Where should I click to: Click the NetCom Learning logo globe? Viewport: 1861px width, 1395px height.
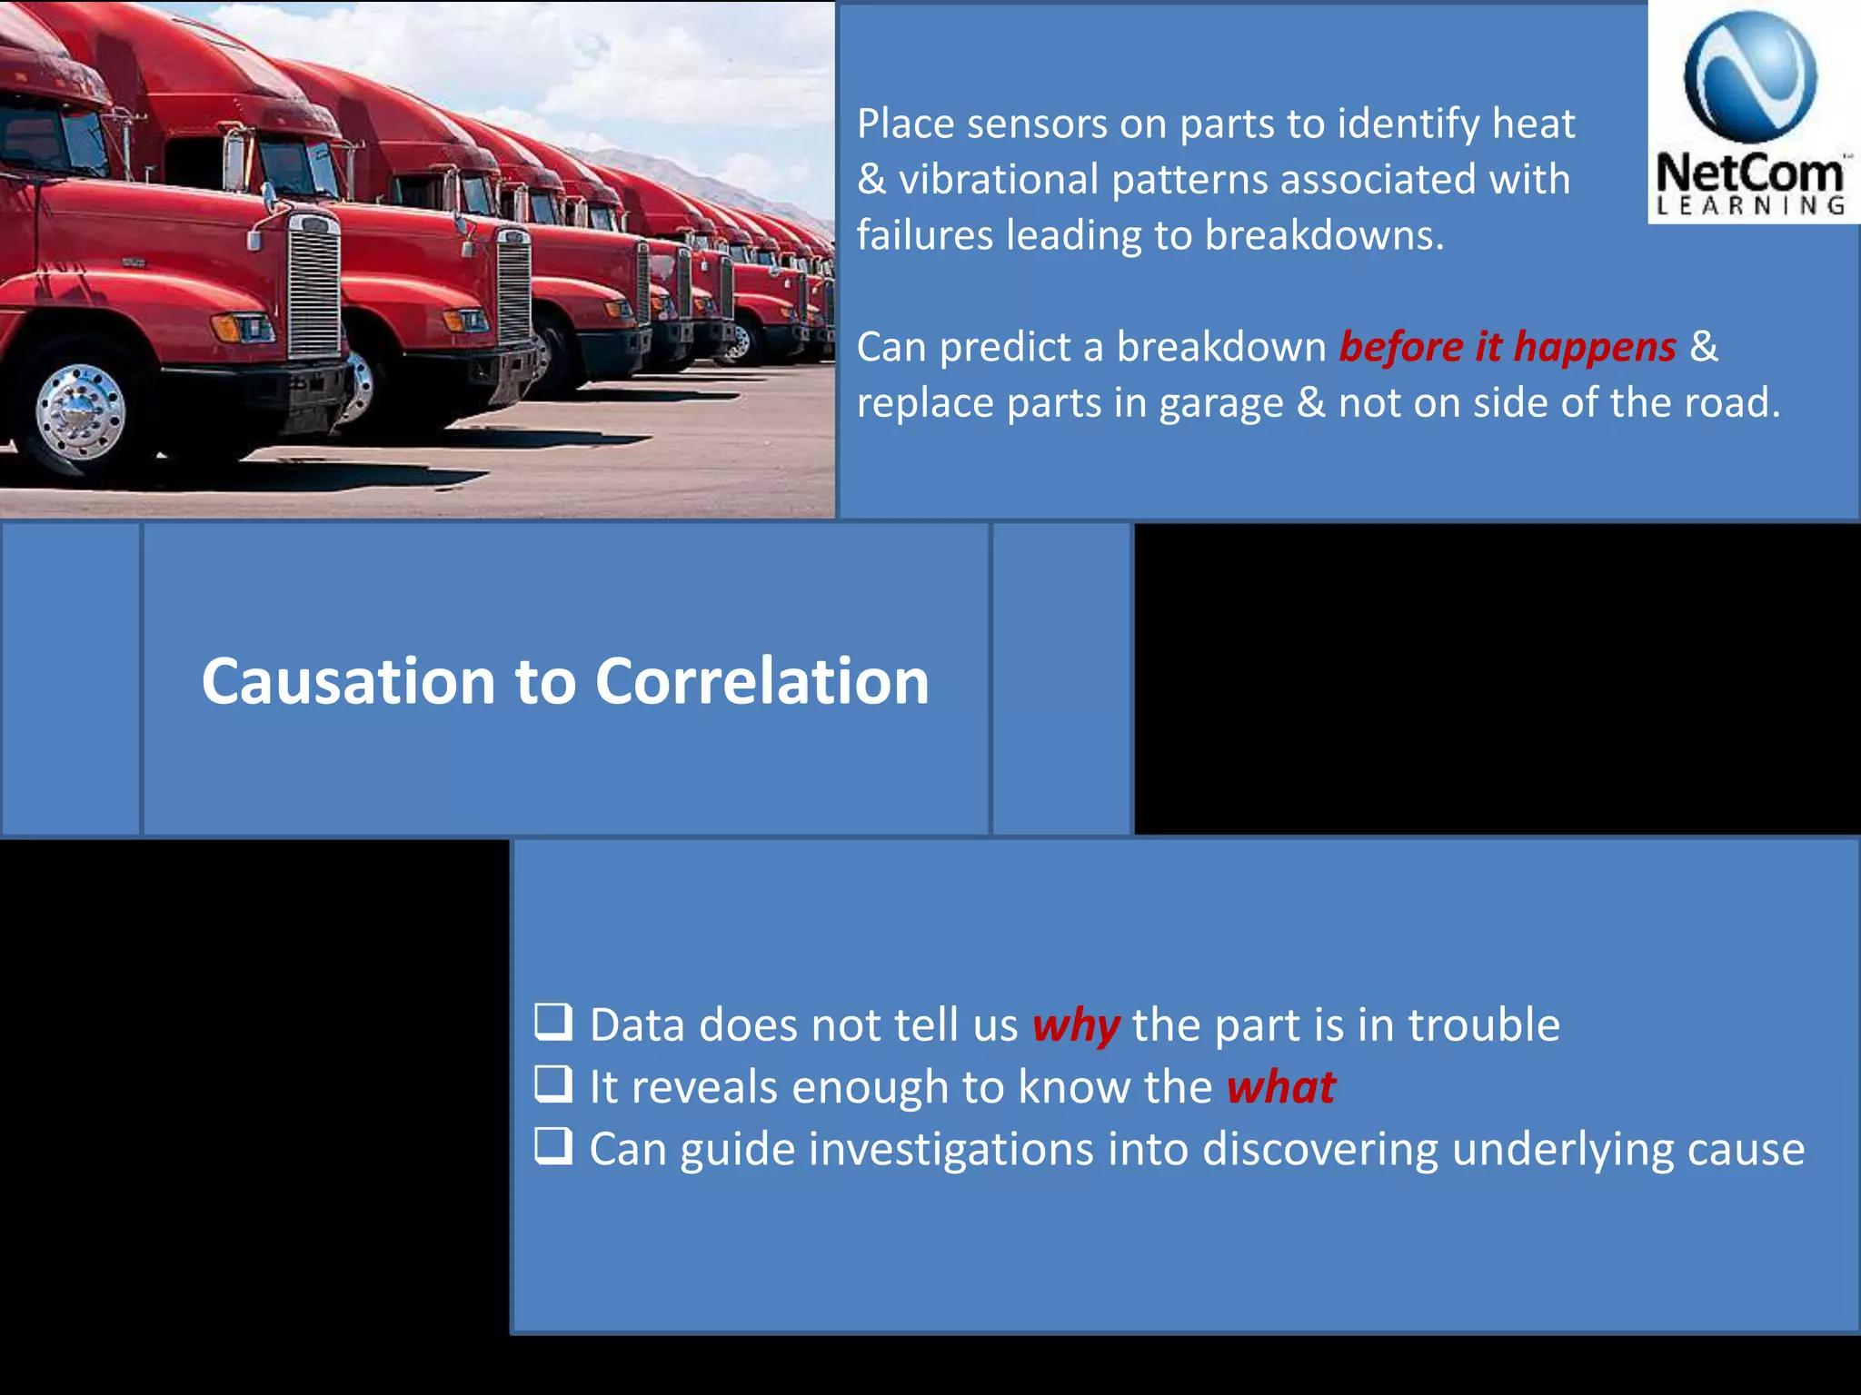coord(1750,77)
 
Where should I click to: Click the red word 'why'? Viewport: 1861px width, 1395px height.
coord(1076,1026)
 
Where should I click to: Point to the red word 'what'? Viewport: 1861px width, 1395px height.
coord(1280,1087)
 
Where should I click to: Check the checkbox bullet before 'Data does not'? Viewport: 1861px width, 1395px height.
coord(553,1022)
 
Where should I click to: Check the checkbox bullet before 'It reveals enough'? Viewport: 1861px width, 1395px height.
coord(553,1083)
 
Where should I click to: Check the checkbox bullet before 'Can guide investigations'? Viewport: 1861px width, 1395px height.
coord(553,1145)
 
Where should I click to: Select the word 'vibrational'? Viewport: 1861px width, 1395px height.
coord(998,180)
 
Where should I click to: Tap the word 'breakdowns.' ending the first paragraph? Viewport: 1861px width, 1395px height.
coord(1324,236)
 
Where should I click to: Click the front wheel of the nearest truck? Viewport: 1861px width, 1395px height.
coord(80,411)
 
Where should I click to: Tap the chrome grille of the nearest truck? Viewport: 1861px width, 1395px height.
coord(313,286)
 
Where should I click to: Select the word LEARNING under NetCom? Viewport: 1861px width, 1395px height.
coord(1751,206)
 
